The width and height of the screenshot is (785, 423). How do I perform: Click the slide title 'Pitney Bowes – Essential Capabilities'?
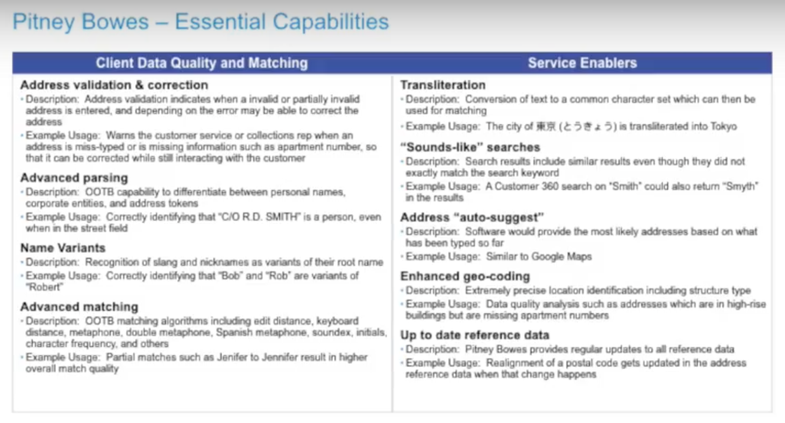[x=201, y=22]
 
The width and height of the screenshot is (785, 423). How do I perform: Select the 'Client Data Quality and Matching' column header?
[x=202, y=63]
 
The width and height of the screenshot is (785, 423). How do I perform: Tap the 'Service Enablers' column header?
[x=582, y=63]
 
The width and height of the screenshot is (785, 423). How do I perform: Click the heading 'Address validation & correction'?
[x=114, y=85]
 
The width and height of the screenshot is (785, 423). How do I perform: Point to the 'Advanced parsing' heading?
[x=74, y=178]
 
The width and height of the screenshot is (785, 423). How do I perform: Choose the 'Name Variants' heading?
[x=63, y=248]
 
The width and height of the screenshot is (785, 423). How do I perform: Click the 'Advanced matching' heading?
[x=80, y=307]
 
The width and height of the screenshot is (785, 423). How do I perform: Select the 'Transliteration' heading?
[x=443, y=85]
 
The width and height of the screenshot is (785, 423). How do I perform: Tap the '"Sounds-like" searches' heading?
[x=470, y=147]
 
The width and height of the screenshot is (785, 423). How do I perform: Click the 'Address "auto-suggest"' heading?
[x=472, y=218]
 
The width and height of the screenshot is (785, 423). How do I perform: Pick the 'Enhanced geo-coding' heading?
[x=465, y=276]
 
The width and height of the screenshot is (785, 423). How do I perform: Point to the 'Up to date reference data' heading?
[x=475, y=335]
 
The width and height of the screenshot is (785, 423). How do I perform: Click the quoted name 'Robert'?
[x=45, y=287]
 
